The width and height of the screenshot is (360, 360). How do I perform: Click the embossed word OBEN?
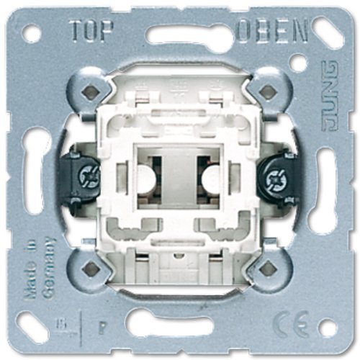tap(272, 30)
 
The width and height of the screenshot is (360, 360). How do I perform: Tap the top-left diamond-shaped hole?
tap(91, 91)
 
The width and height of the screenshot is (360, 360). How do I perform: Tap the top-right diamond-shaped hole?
tap(268, 91)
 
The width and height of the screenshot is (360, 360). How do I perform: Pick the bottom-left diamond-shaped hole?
tap(91, 269)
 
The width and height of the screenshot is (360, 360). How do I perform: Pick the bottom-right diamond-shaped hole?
tap(268, 269)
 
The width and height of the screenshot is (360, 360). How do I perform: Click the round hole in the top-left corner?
tap(31, 33)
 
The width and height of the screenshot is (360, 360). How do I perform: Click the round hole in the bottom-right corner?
tap(328, 328)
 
